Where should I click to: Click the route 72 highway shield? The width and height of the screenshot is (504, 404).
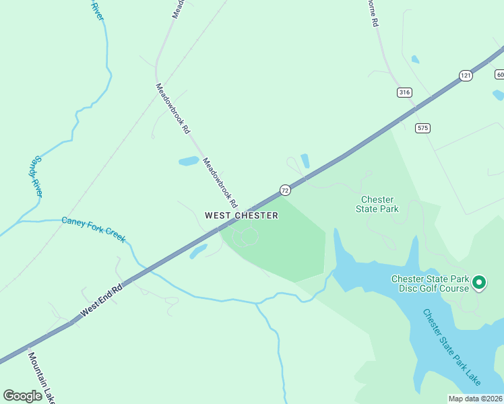285,191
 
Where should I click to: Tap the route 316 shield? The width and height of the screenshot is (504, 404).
404,92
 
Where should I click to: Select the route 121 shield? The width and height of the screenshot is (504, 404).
466,76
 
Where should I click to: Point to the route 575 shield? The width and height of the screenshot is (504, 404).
422,128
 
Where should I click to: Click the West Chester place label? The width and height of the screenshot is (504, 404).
241,215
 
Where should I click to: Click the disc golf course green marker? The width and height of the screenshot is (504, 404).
479,283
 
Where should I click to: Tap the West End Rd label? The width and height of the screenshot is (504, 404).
101,300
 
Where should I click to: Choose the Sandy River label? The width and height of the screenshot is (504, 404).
36,176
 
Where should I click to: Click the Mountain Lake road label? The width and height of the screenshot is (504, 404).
40,377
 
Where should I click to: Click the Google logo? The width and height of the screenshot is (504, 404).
23,395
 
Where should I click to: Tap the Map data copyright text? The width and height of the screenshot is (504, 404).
475,399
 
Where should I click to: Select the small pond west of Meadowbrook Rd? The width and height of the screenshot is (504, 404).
189,162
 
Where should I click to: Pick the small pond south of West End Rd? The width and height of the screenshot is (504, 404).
198,252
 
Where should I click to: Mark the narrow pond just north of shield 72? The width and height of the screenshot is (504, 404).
305,161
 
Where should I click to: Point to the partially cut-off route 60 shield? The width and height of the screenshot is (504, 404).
499,74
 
